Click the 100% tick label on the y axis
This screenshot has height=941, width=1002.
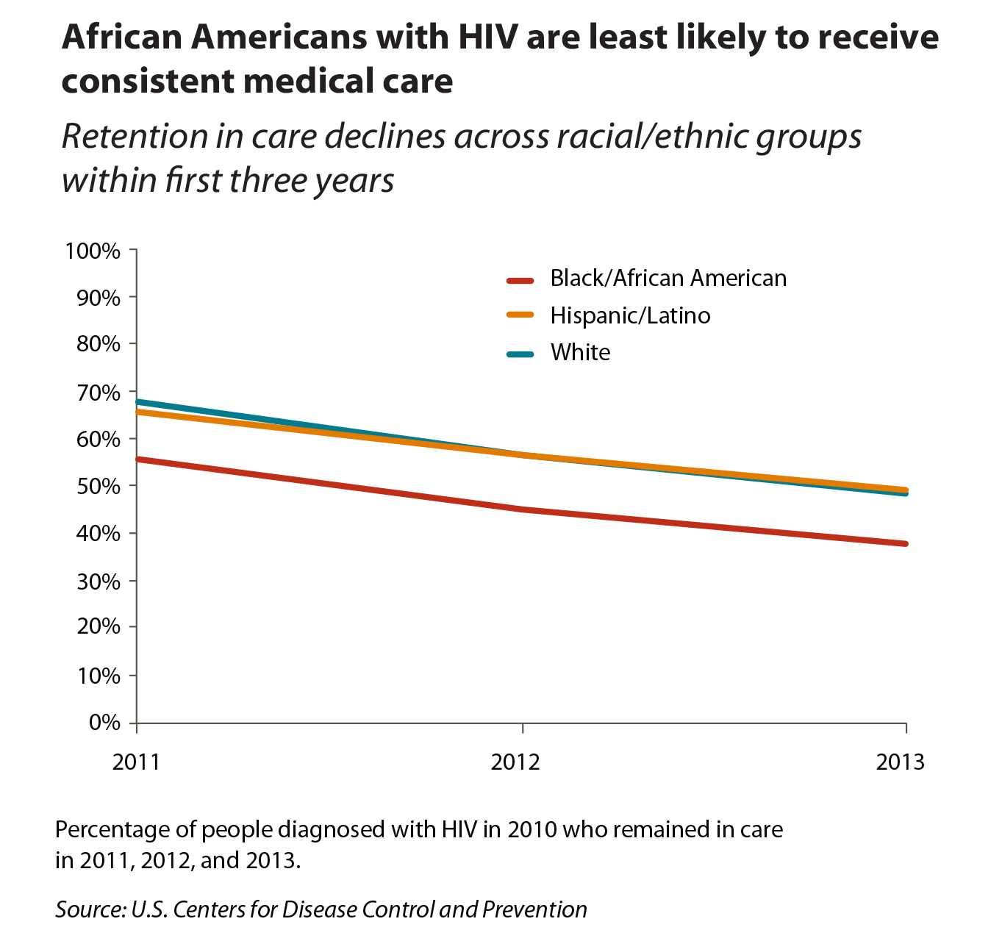point(93,251)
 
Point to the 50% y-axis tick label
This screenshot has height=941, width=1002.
point(99,487)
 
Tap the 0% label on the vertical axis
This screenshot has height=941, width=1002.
point(104,723)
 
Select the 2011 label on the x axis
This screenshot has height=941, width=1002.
point(136,762)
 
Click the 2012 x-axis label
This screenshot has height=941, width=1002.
point(515,762)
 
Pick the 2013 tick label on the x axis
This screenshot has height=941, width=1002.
point(901,762)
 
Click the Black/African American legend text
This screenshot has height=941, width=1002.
point(668,279)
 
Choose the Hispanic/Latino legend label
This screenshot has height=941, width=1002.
point(630,316)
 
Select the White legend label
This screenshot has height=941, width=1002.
point(580,353)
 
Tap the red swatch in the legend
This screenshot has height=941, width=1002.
point(520,280)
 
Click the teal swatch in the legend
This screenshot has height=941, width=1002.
point(520,354)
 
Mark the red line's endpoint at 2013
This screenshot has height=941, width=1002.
point(906,544)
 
